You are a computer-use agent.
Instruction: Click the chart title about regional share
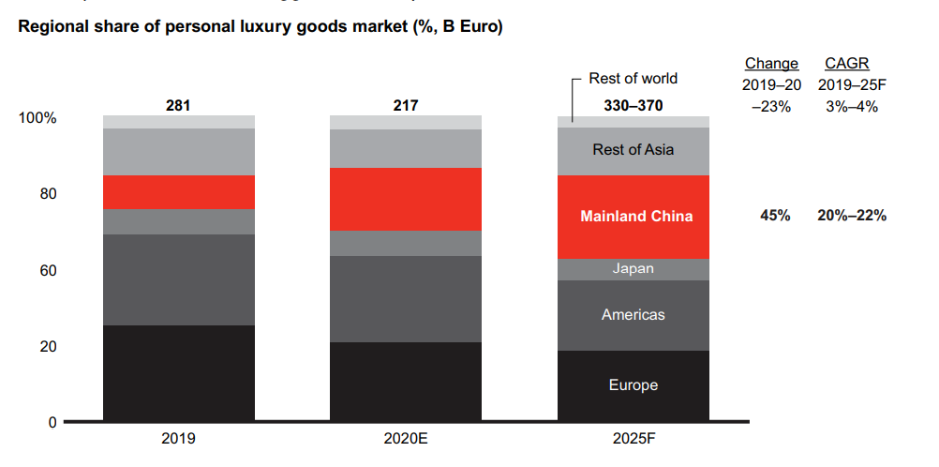(261, 27)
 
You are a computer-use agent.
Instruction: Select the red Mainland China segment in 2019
(178, 192)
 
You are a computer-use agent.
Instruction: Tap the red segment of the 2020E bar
(405, 199)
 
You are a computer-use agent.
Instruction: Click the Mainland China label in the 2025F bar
(636, 217)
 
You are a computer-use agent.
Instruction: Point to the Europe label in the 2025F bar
(633, 385)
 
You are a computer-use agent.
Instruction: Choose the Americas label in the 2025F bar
(633, 315)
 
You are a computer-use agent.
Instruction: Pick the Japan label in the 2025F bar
(633, 269)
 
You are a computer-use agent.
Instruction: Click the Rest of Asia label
(633, 150)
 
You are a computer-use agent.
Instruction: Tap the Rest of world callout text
(633, 79)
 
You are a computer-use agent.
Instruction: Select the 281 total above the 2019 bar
(178, 106)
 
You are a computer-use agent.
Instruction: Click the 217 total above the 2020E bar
(405, 106)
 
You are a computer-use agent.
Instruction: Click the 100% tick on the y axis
(37, 119)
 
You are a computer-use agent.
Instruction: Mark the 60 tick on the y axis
(47, 271)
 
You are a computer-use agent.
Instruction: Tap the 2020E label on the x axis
(405, 438)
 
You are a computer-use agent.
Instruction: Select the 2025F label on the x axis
(633, 438)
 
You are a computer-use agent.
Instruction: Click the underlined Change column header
(771, 64)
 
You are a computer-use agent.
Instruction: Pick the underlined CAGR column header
(846, 64)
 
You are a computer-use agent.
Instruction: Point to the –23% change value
(771, 106)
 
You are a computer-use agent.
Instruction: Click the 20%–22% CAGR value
(851, 217)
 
